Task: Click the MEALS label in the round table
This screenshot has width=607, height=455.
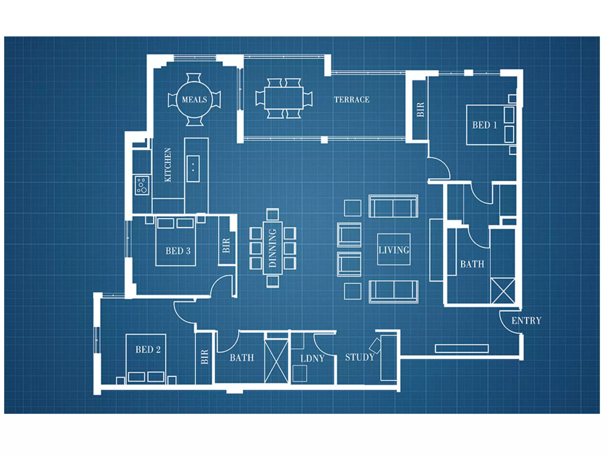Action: coord(194,100)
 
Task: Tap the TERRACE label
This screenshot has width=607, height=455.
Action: coord(352,100)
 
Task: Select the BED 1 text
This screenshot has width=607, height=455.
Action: coord(485,125)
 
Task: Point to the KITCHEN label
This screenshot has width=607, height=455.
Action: coord(168,165)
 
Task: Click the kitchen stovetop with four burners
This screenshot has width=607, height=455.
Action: coord(142,185)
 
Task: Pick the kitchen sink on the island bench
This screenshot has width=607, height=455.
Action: coord(193,168)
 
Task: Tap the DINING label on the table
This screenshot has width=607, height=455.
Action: coord(272,248)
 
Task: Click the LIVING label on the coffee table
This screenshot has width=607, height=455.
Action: coord(394,250)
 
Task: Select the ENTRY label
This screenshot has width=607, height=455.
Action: coord(526,321)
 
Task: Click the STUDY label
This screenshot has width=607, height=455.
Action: coord(360,357)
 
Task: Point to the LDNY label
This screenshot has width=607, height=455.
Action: coord(312,359)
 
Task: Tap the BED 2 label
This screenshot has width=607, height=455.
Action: coord(148,350)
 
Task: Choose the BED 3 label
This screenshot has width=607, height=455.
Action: coord(178,251)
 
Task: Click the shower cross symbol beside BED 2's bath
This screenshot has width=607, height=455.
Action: coord(276,361)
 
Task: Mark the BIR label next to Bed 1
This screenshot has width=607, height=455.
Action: coord(421,110)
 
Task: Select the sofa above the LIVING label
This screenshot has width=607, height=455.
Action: coord(393,206)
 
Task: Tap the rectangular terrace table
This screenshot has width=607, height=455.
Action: coord(284,98)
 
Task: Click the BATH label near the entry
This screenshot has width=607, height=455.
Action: coord(472,264)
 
